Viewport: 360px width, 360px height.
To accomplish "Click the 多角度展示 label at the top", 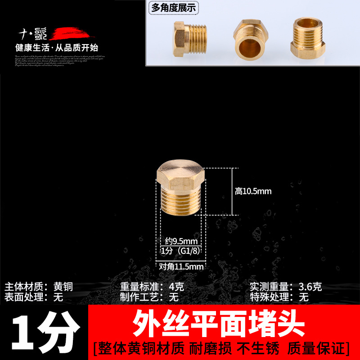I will tap(173, 8).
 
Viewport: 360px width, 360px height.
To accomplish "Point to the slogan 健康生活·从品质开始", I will tap(57, 47).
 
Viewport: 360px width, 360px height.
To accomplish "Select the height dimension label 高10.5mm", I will tap(253, 191).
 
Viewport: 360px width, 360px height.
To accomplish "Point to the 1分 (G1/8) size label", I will tap(179, 251).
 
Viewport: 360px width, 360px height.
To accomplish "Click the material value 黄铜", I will tap(63, 287).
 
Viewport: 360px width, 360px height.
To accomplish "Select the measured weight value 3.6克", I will tap(311, 287).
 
